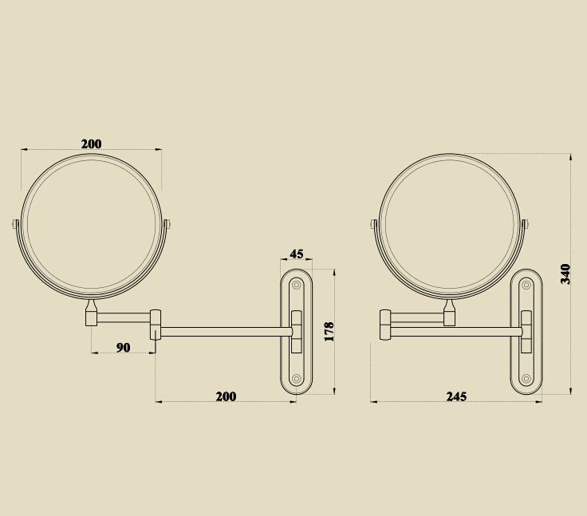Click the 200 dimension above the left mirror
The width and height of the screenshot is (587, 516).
tap(92, 144)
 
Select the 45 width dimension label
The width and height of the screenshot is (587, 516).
tap(296, 254)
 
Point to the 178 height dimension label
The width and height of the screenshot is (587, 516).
tap(328, 331)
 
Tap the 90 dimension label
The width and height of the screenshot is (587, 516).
tap(123, 347)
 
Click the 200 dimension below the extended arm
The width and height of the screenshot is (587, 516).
tap(226, 396)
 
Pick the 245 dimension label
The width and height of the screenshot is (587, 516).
tap(456, 396)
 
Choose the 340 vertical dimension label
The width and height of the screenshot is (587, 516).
tap(565, 274)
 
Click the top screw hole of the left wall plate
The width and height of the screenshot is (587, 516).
tap(297, 284)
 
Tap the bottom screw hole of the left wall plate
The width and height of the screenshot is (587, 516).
tap(297, 379)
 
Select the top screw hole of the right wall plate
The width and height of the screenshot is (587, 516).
tap(526, 284)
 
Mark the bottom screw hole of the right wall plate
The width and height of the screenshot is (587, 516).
tap(526, 379)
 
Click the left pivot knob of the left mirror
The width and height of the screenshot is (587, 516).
tap(15, 226)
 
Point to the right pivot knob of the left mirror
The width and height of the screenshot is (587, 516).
tap(167, 226)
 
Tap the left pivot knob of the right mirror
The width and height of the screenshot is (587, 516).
tap(374, 226)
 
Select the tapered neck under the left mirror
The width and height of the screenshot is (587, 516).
tap(92, 305)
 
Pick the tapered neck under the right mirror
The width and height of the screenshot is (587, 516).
tap(450, 305)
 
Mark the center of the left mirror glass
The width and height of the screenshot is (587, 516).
tap(92, 226)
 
